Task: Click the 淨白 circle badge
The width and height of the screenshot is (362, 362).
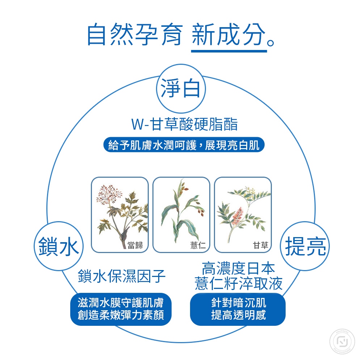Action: [x=181, y=89]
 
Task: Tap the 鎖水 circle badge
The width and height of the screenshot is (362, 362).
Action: [x=59, y=246]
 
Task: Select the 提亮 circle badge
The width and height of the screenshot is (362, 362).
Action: [x=305, y=246]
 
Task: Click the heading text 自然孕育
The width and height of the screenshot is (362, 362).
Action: [x=135, y=35]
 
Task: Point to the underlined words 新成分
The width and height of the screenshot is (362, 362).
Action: [x=228, y=35]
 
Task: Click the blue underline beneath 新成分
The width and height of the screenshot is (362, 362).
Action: [x=229, y=51]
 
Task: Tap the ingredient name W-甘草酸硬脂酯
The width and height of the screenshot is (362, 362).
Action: [x=185, y=124]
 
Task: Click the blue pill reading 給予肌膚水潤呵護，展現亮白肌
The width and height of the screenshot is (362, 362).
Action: [x=184, y=145]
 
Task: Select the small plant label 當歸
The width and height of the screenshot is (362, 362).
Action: [x=135, y=245]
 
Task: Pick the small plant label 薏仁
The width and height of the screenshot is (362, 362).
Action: [x=198, y=245]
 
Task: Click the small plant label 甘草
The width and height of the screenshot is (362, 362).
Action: [x=260, y=245]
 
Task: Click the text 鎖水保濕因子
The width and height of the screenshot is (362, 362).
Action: [x=122, y=276]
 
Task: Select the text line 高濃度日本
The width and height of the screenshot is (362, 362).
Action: [x=238, y=269]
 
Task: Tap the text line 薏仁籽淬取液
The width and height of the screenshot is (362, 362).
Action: [x=239, y=283]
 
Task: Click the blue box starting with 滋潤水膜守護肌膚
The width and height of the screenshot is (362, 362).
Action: [x=121, y=310]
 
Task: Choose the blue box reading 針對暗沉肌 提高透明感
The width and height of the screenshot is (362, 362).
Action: [x=238, y=310]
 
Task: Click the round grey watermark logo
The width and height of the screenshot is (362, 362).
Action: [x=342, y=342]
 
